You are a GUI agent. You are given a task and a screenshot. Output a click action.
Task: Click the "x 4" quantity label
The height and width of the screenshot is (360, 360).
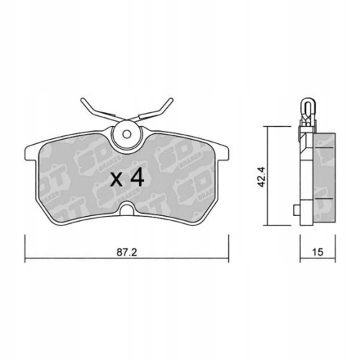(126, 179)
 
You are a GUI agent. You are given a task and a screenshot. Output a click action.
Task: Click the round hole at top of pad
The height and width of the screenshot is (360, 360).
(127, 134)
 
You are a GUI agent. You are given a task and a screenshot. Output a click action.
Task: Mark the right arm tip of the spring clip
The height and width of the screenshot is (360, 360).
(173, 102)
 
